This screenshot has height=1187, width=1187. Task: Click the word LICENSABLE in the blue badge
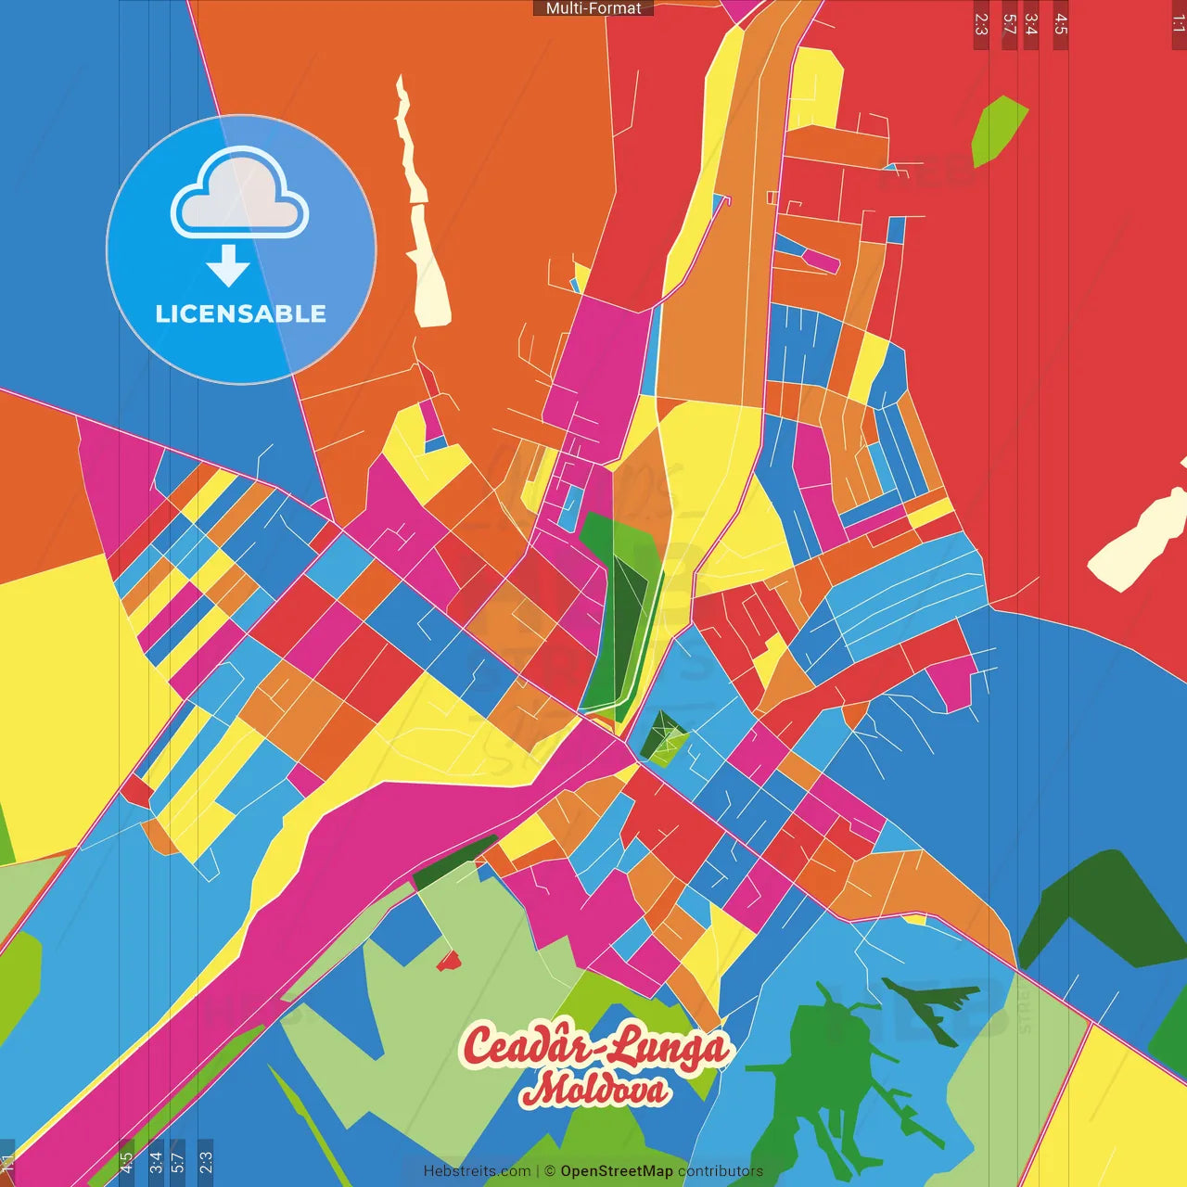240,313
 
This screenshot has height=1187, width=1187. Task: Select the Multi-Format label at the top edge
593,8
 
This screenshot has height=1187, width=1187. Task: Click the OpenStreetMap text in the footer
616,1171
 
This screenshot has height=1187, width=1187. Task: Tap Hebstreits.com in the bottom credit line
477,1171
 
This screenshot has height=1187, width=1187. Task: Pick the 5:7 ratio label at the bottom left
177,1160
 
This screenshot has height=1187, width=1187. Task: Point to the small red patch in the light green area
449,961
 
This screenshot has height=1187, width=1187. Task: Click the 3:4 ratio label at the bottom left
156,1160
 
